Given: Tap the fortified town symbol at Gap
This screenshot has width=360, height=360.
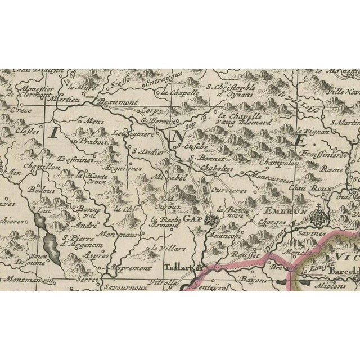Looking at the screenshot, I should point(211,220).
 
